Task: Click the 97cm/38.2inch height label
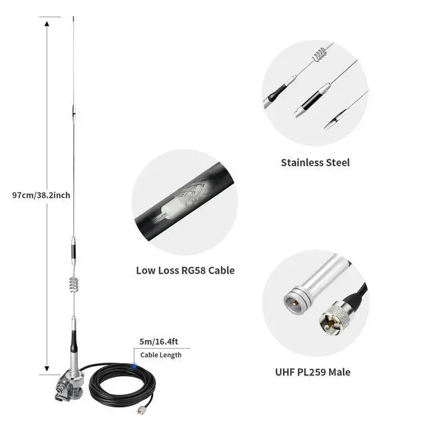click(41, 195)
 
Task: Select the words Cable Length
click(160, 355)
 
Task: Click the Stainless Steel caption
click(315, 162)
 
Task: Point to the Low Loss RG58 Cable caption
click(185, 270)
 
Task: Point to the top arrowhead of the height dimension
click(47, 23)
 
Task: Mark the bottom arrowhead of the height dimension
click(47, 368)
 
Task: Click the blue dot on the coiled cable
click(134, 365)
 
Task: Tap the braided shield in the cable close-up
click(193, 192)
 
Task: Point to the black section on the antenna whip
click(73, 254)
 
